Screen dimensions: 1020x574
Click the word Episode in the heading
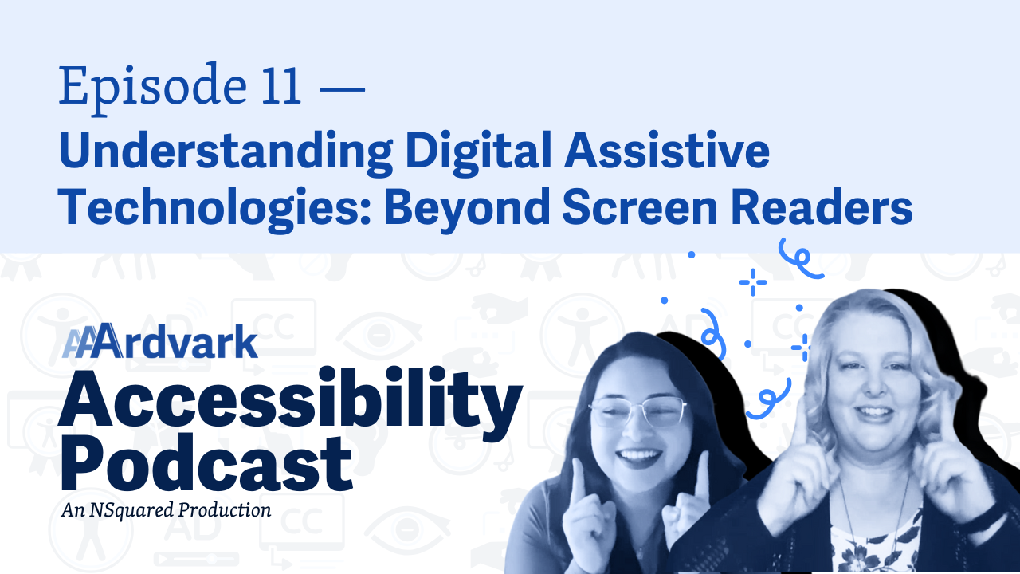tap(153, 88)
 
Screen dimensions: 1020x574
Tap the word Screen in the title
tap(641, 206)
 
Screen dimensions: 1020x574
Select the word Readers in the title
tap(822, 206)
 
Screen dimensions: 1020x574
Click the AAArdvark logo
tap(160, 340)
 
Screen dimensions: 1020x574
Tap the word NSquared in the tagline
tap(131, 510)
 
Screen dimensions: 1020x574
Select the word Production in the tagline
tap(225, 509)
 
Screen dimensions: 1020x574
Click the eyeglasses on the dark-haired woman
tap(637, 410)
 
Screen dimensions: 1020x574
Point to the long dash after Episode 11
tap(343, 88)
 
